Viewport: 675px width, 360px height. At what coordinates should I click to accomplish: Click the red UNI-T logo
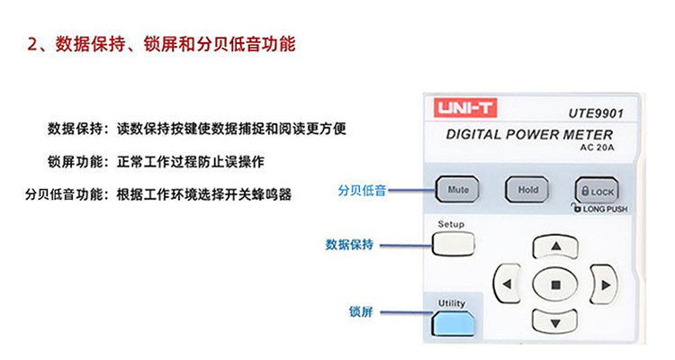pos(465,108)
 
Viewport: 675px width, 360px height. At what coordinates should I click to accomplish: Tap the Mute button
pos(457,190)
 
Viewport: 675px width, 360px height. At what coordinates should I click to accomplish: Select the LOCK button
pos(597,191)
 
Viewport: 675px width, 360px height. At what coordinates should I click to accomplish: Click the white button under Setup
pos(454,244)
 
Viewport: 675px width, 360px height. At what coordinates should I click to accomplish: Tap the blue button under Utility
pos(453,323)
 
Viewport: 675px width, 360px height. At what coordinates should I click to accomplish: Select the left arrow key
pos(507,283)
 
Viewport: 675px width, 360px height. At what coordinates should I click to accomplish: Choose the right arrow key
pos(605,284)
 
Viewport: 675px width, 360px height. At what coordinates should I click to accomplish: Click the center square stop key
pos(555,284)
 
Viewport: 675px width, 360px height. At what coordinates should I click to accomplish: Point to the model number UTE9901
pos(596,113)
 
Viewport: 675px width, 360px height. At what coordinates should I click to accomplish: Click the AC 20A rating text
pos(597,148)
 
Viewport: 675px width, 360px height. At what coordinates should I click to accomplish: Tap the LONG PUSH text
pos(605,210)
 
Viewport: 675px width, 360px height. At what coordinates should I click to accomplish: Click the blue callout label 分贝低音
pos(362,190)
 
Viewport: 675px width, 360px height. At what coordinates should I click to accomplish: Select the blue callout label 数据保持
pos(349,245)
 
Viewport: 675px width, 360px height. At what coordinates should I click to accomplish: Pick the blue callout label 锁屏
pos(361,311)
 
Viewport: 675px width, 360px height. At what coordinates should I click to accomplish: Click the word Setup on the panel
pos(451,224)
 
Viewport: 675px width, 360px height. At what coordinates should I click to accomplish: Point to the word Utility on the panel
pos(452,303)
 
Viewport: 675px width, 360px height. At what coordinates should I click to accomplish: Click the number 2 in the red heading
pos(32,45)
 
